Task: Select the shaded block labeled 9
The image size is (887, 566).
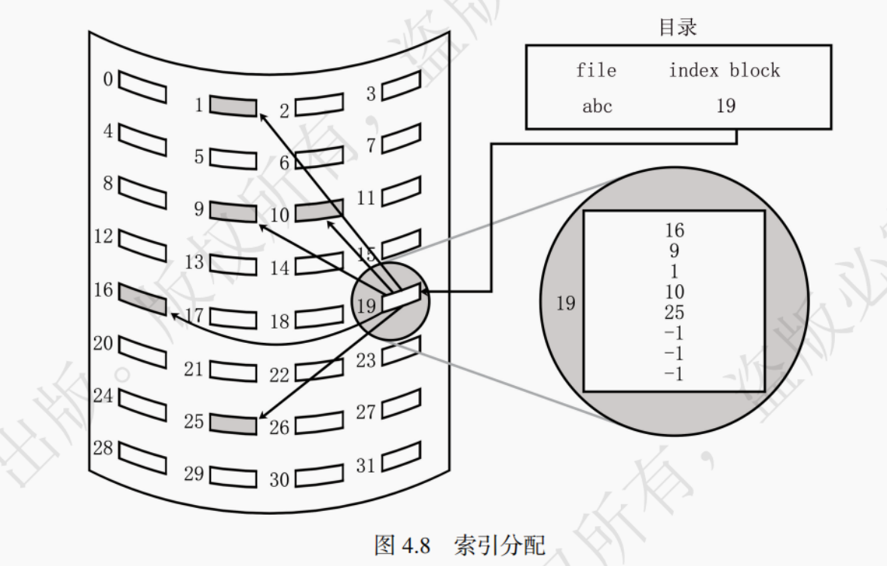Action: (233, 210)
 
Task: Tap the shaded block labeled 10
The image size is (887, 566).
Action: (319, 212)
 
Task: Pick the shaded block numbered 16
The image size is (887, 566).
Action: (142, 298)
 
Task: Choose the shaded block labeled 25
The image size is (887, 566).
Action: (233, 424)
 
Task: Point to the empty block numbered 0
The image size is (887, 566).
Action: (142, 86)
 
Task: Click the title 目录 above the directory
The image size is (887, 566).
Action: (677, 28)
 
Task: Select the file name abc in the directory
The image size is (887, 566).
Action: (597, 106)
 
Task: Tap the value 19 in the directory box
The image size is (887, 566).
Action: (725, 106)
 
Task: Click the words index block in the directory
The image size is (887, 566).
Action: (724, 71)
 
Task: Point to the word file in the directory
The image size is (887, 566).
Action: (596, 71)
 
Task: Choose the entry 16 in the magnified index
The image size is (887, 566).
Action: (675, 230)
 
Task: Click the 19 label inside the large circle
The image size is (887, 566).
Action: (565, 303)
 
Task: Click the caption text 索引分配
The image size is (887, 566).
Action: (499, 545)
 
